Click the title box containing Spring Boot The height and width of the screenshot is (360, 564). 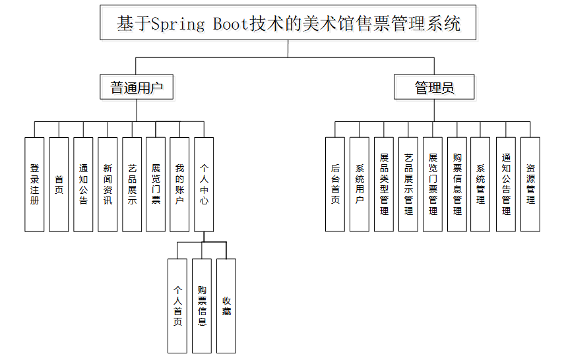coord(288,24)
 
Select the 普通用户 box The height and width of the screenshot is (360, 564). coord(137,87)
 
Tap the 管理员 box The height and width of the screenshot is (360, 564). coord(434,87)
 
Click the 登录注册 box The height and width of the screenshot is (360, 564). coord(34,185)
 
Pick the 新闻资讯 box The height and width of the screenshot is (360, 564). coord(108,185)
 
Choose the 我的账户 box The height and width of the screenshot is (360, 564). coord(180,185)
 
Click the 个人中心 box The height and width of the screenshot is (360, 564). coord(204,185)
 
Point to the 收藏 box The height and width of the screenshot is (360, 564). coord(226,305)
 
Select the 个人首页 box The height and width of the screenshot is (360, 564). coord(177,305)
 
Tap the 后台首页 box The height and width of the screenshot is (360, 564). coord(335,185)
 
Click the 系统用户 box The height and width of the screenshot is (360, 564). coord(360,185)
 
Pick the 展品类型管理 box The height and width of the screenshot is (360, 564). coord(384,185)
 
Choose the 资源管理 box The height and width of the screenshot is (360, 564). coord(530,185)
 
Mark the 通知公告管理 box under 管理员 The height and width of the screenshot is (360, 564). coord(506,185)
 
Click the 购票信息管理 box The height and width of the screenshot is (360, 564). coord(457,185)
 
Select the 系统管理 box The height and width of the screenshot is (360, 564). coord(480,185)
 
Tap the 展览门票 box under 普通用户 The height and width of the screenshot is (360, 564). coord(156,185)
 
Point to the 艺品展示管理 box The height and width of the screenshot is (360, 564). coord(408,185)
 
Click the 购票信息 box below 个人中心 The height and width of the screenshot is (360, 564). coord(202,305)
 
